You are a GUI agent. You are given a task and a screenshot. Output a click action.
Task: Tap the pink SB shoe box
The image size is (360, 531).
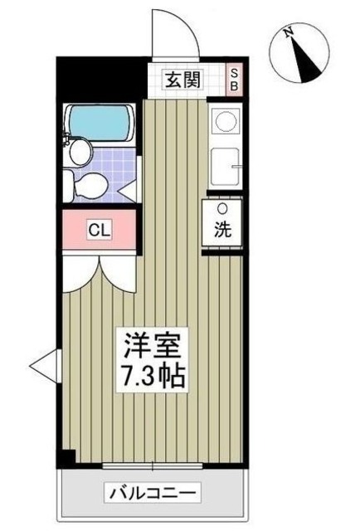(235, 80)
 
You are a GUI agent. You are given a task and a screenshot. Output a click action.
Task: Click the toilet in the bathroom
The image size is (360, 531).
(88, 185)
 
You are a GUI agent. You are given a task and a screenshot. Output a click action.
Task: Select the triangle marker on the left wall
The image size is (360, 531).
(41, 362)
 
